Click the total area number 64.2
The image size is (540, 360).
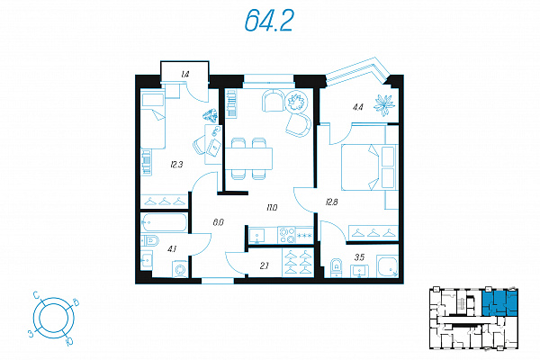(x=269, y=21)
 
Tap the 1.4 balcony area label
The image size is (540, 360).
(x=184, y=74)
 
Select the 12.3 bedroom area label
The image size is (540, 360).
(x=176, y=165)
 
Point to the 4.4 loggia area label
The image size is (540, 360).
(x=358, y=107)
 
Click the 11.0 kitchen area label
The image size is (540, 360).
(x=272, y=207)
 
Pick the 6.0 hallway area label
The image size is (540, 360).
(x=218, y=222)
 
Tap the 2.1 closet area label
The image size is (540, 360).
(x=264, y=265)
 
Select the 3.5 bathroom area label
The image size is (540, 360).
(x=359, y=257)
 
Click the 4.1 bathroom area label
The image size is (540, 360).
(x=172, y=248)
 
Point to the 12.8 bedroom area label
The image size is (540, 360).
(x=331, y=202)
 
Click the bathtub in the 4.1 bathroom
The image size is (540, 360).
(x=165, y=222)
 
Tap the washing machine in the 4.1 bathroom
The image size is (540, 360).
(x=180, y=269)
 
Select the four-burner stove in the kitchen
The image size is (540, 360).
(x=287, y=235)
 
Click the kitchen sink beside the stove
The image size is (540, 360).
(x=257, y=235)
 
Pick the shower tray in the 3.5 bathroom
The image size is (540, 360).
(x=387, y=266)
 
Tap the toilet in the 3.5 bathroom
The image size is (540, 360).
(x=337, y=267)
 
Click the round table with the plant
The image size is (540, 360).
(x=296, y=102)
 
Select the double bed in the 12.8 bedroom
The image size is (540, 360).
(x=368, y=167)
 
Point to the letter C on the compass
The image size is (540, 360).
(x=35, y=295)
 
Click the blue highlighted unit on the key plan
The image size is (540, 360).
(x=499, y=303)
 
